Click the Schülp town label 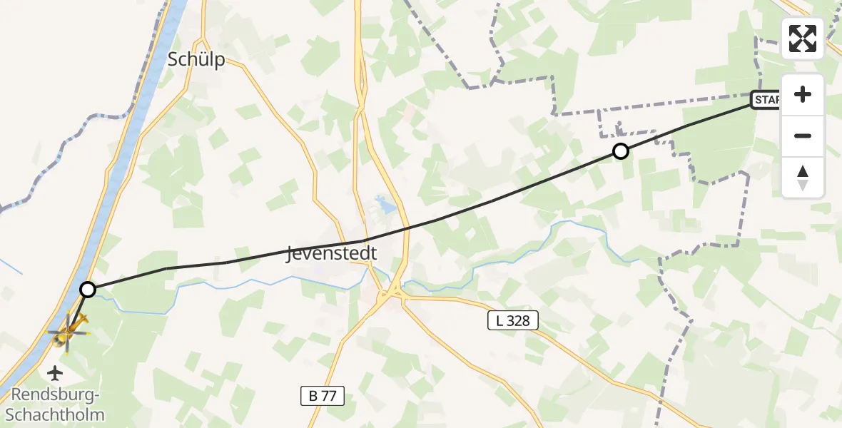[196, 59]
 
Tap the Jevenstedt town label [331, 254]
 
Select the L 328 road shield [512, 321]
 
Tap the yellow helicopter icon [69, 330]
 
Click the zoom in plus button [803, 95]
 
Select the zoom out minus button [803, 136]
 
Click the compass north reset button [803, 177]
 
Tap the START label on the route [766, 100]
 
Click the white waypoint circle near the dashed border [621, 151]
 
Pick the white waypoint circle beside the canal [88, 289]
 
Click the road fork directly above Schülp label [203, 39]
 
